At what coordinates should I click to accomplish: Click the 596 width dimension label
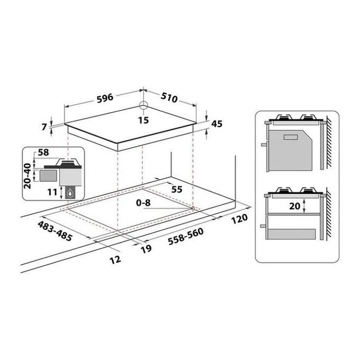click(105, 98)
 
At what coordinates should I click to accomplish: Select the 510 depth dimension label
click(169, 97)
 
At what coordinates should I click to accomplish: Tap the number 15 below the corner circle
click(143, 120)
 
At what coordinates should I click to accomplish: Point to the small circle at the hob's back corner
click(143, 105)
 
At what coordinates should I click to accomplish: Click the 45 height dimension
click(217, 124)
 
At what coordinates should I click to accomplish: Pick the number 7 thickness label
click(44, 127)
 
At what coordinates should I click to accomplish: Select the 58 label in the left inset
click(43, 152)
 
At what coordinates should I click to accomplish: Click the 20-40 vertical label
click(28, 176)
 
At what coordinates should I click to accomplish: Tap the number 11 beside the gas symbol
click(52, 192)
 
